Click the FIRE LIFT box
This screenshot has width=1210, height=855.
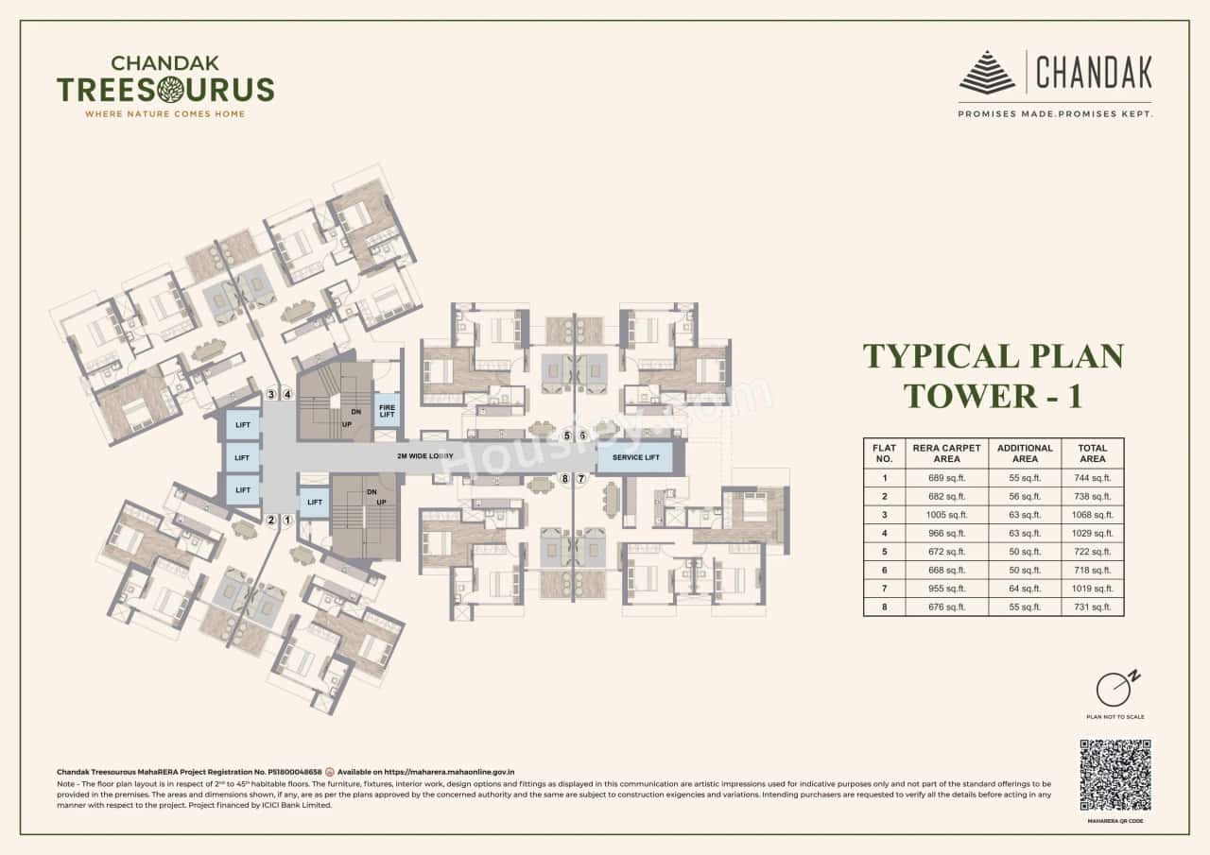388,410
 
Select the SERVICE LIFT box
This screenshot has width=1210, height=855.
635,457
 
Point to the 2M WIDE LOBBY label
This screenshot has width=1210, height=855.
425,456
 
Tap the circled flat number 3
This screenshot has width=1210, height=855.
272,394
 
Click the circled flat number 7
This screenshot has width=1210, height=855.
581,479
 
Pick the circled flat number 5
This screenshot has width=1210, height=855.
567,436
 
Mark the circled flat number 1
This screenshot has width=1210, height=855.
287,520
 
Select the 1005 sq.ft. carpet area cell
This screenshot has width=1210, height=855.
946,515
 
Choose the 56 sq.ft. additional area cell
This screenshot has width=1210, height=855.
1025,496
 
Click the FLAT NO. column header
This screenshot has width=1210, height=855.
884,453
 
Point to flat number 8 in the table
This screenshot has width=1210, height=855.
884,607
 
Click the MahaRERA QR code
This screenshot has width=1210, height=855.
1115,775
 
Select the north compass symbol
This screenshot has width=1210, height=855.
1115,689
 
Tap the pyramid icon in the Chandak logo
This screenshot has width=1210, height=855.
987,74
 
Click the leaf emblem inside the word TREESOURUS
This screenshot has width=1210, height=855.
171,90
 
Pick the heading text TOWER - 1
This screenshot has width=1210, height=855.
993,395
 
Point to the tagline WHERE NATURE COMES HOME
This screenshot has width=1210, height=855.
165,114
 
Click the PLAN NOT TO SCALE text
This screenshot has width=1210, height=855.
1115,717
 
